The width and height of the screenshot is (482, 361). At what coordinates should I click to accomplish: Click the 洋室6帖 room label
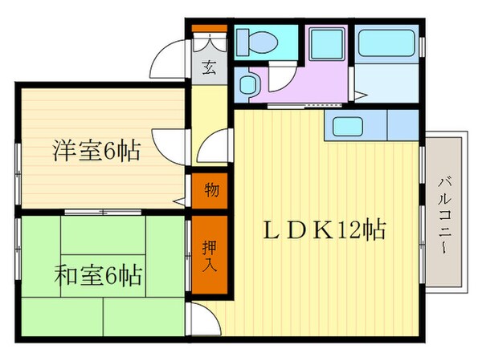point(96,150)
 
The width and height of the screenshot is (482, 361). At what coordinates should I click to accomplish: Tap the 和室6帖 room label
point(97,276)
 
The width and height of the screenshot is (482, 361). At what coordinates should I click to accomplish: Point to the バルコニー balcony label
point(443,212)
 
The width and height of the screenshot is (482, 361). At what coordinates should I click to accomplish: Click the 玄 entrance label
point(207,67)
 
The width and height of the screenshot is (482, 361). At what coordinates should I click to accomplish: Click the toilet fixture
point(259,41)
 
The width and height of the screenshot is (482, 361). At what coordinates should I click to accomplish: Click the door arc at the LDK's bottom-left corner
point(206,321)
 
